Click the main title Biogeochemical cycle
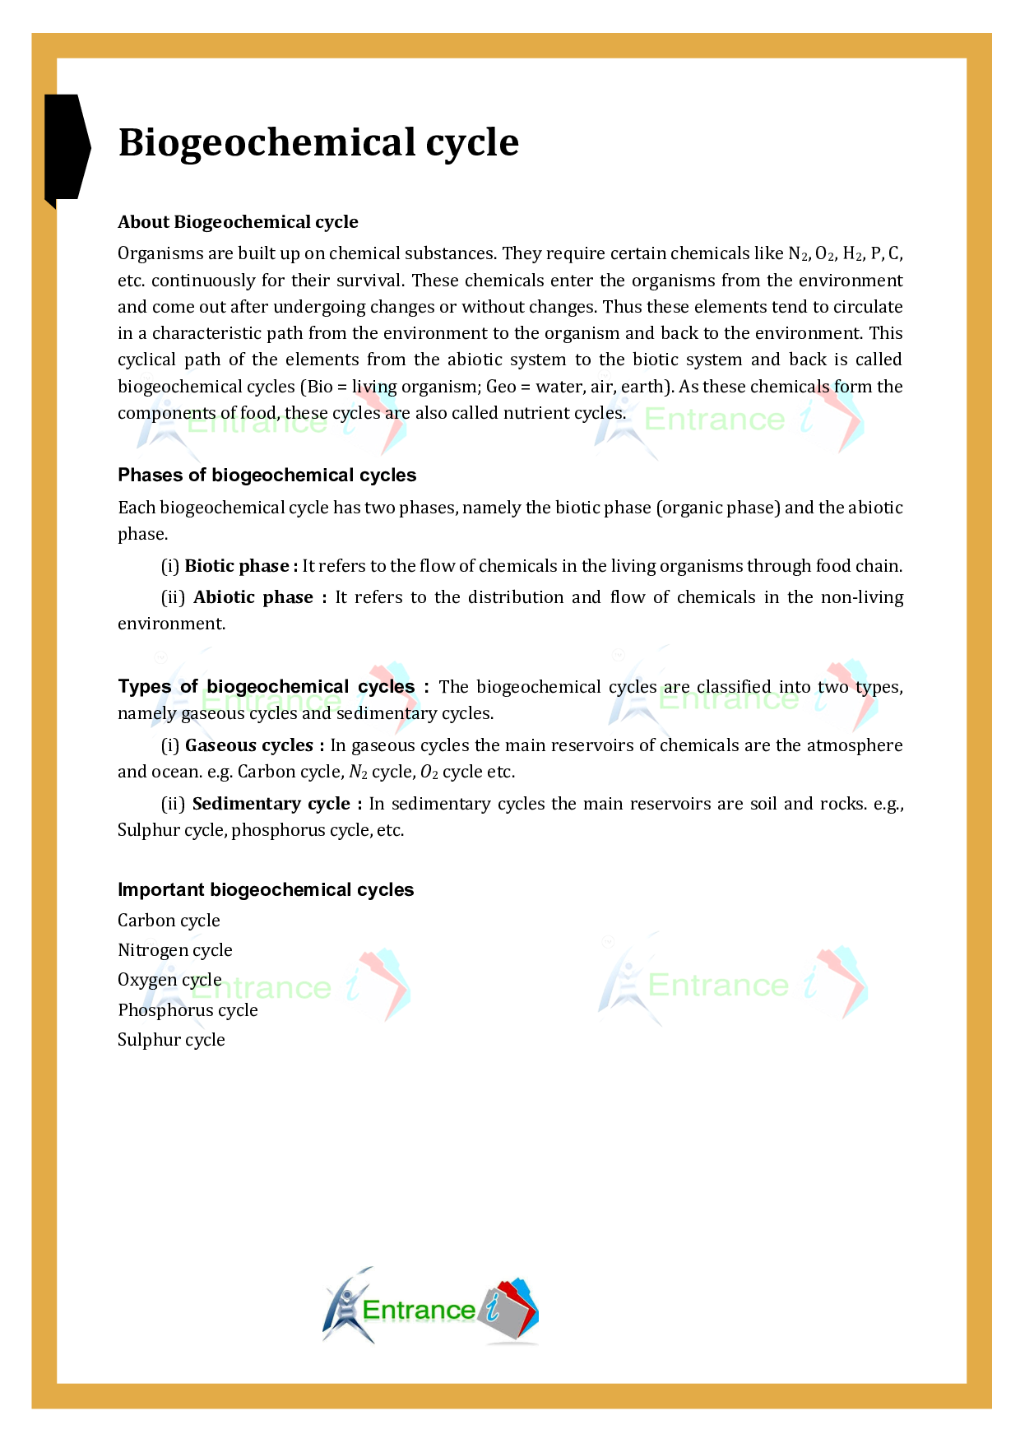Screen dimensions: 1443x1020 pyautogui.click(x=318, y=142)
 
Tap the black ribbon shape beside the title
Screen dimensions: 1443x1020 pyautogui.click(x=66, y=148)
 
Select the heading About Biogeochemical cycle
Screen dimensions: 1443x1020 pyautogui.click(x=238, y=222)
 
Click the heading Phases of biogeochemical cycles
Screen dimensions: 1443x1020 pyautogui.click(x=267, y=476)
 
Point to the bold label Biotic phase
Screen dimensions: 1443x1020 pyautogui.click(x=237, y=566)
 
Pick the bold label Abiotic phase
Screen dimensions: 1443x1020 pyautogui.click(x=253, y=597)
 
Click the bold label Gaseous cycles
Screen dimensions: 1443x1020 pyautogui.click(x=249, y=745)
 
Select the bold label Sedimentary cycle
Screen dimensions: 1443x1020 pyautogui.click(x=271, y=804)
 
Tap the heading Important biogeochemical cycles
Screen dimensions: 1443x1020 pyautogui.click(x=266, y=890)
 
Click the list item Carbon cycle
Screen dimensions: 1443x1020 pyautogui.click(x=169, y=921)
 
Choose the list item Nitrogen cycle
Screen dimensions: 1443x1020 pyautogui.click(x=174, y=950)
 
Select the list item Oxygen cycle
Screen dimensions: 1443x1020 pyautogui.click(x=169, y=980)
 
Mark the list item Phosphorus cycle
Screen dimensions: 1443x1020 pyautogui.click(x=188, y=1010)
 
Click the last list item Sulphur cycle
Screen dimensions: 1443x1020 pyautogui.click(x=171, y=1040)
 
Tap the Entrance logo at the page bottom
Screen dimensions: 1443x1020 pyautogui.click(x=430, y=1307)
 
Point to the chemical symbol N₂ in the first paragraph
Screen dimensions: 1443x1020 pyautogui.click(x=798, y=253)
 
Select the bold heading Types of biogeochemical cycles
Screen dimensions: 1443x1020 pyautogui.click(x=267, y=687)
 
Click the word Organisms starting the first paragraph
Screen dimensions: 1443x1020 pyautogui.click(x=156, y=253)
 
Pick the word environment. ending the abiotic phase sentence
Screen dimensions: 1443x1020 pyautogui.click(x=171, y=624)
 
